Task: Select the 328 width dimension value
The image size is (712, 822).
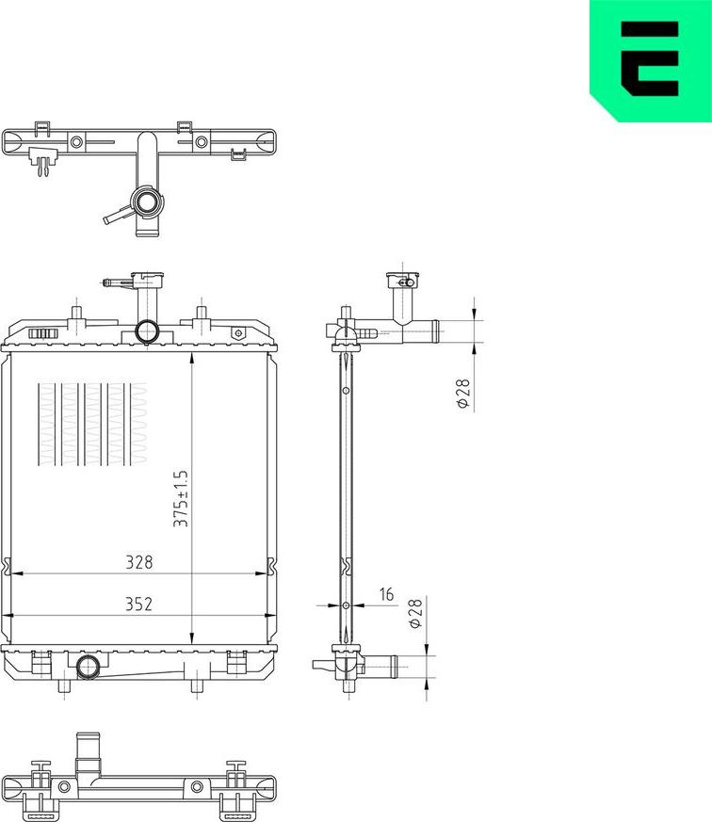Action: tap(139, 562)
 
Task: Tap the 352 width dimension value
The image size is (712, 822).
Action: tap(139, 604)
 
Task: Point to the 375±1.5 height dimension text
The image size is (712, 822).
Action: tap(182, 498)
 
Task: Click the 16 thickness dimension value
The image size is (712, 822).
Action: tap(386, 595)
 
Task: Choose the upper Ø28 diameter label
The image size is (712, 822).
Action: tap(462, 394)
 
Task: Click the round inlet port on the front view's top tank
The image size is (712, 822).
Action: tap(148, 331)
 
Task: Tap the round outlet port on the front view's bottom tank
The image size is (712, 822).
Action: tap(89, 667)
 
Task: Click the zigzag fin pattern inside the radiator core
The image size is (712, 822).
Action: tap(92, 425)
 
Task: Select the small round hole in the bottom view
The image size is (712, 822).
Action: tap(197, 787)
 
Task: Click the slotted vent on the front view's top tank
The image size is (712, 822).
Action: tap(43, 332)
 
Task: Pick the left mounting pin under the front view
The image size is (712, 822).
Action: tap(62, 685)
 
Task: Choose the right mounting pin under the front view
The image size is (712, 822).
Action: tap(197, 685)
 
